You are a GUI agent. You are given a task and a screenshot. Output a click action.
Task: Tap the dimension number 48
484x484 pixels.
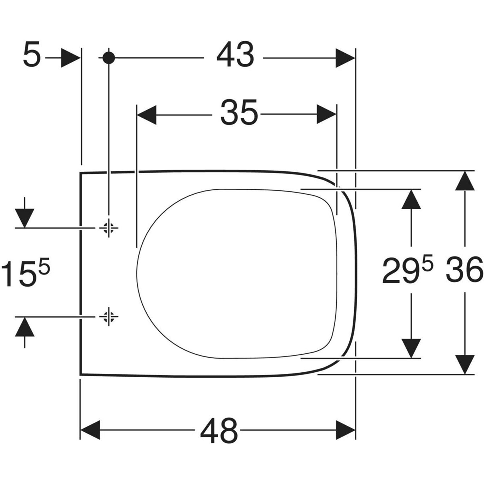click(x=219, y=431)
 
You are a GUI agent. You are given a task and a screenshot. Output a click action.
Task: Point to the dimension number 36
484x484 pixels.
click(x=464, y=270)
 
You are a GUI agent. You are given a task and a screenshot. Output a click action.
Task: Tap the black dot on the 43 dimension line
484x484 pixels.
click(x=109, y=58)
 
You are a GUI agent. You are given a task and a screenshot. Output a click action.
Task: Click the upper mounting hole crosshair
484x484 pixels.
click(x=109, y=228)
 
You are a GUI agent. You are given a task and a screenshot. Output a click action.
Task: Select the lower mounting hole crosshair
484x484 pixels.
click(x=109, y=317)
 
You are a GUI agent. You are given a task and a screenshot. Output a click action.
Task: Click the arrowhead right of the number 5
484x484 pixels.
click(x=70, y=58)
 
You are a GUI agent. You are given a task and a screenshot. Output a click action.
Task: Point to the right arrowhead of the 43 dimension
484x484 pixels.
click(x=345, y=58)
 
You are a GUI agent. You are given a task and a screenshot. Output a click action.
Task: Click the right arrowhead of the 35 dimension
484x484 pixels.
click(x=326, y=114)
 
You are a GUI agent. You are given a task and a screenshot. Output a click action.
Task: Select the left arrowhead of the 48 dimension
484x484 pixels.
click(x=91, y=430)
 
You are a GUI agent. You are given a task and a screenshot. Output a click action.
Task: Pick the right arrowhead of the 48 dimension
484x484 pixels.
click(x=345, y=430)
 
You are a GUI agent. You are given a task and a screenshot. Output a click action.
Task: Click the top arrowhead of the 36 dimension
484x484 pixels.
click(x=464, y=181)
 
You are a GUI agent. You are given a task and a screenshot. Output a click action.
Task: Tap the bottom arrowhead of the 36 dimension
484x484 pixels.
click(x=464, y=364)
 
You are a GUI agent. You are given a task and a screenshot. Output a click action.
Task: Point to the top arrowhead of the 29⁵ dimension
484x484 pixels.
click(x=411, y=200)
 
